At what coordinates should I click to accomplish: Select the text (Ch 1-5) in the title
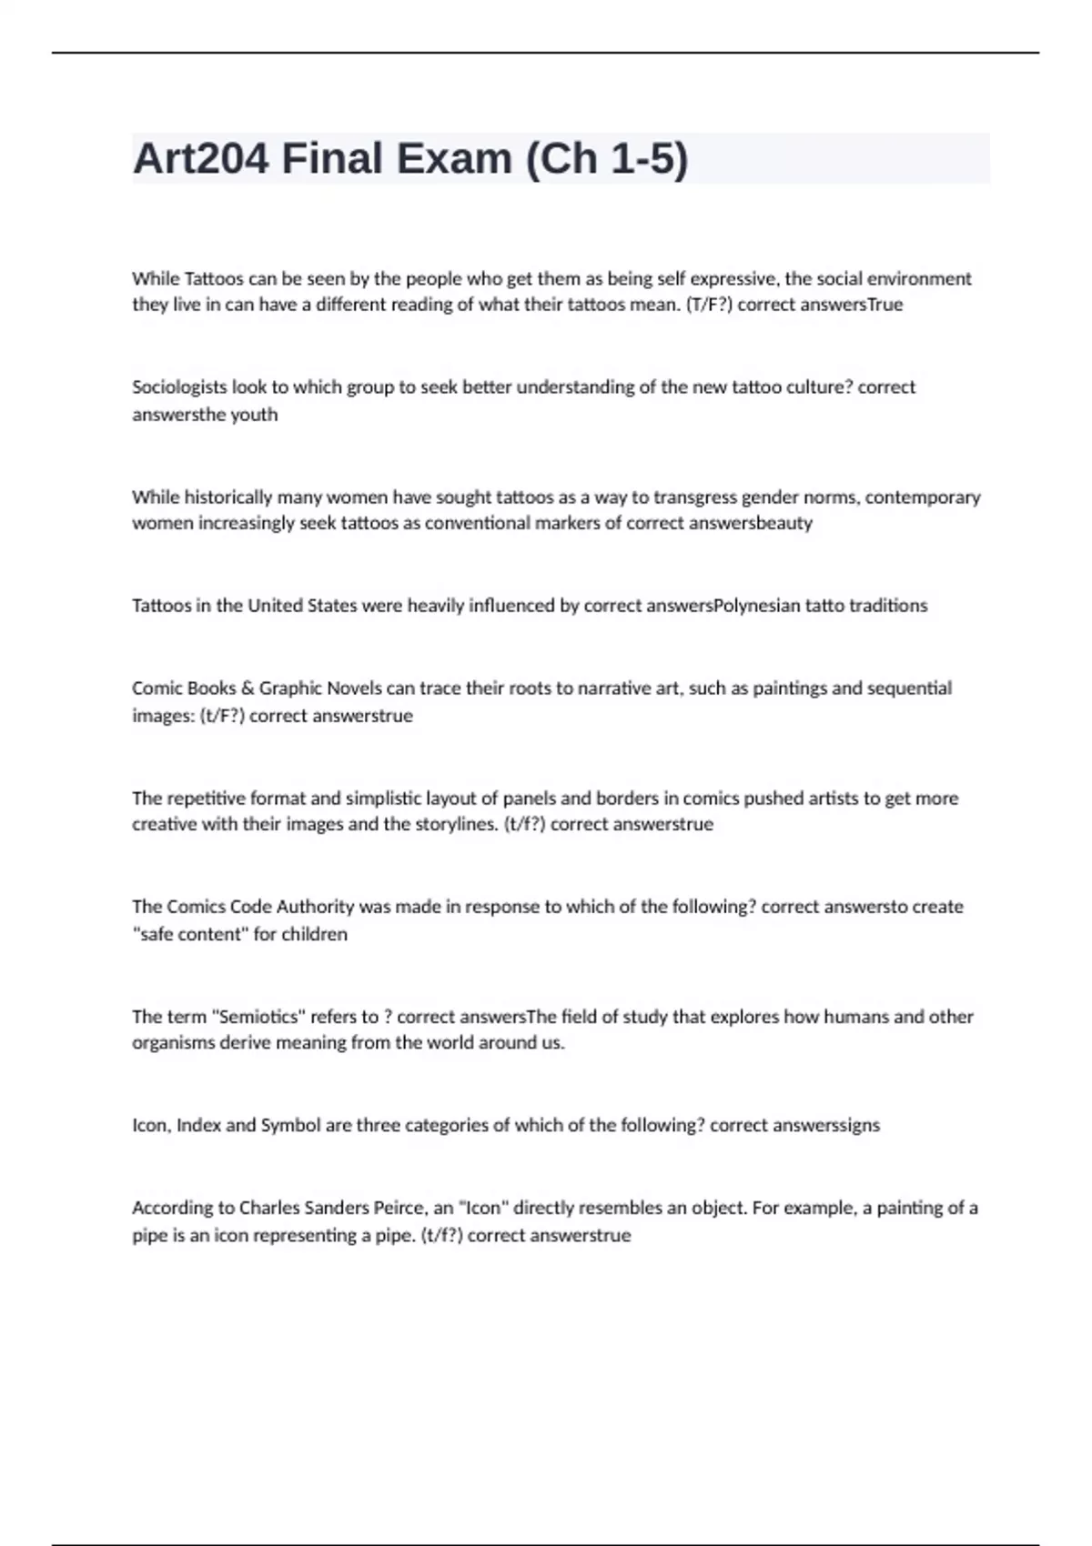(x=606, y=159)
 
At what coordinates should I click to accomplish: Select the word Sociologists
(x=179, y=387)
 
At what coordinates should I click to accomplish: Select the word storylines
(x=456, y=825)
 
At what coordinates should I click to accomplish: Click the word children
(x=314, y=934)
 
